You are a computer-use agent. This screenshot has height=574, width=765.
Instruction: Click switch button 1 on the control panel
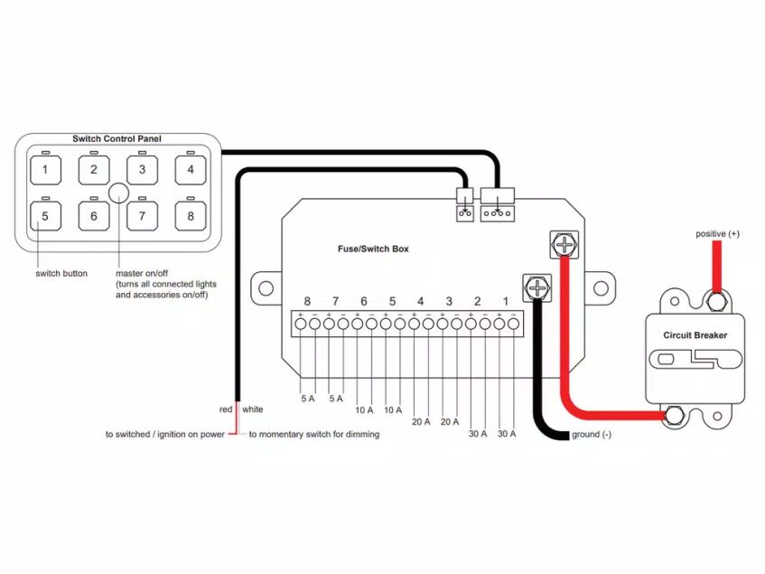coord(45,169)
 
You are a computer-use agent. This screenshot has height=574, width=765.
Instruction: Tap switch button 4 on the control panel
coord(191,169)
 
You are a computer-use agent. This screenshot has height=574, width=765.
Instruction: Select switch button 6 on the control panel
coord(93,217)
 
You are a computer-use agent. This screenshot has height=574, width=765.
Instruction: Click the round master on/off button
coord(118,193)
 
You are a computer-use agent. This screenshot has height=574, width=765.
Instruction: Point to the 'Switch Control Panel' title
coord(117,138)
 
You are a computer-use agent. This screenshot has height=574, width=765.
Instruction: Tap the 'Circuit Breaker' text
coord(695,335)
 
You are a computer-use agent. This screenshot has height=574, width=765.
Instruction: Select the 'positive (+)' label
coord(717,234)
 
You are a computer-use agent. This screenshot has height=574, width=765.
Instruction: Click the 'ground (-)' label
coord(592,436)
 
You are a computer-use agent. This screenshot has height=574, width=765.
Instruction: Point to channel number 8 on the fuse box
coord(308,301)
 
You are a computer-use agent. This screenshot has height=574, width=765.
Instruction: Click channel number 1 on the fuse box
coord(506,301)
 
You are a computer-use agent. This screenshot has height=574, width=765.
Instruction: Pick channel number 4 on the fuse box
coord(421,301)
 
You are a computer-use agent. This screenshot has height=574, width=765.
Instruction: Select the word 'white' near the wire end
coord(253,409)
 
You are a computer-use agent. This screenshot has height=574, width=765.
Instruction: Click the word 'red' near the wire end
coord(227,409)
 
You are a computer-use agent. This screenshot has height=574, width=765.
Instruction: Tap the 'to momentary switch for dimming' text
coord(313,435)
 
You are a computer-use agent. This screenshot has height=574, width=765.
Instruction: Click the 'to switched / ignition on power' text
coord(164,435)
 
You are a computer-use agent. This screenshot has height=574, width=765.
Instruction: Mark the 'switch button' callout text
coord(61,273)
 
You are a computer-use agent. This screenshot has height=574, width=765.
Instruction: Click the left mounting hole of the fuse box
coord(266,288)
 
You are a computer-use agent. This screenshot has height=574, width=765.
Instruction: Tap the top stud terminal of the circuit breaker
coord(717,299)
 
